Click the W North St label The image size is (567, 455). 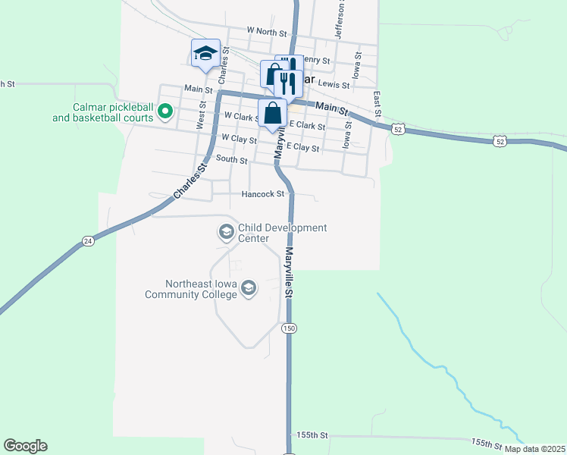268,31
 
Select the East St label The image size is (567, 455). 377,103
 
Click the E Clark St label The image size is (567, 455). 307,126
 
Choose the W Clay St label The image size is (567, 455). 240,139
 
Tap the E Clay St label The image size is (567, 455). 302,148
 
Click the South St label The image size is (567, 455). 232,160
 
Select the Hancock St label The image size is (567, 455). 262,194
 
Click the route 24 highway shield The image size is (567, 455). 88,241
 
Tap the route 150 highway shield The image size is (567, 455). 288,328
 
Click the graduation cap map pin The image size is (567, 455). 205,53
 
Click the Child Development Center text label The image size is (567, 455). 282,233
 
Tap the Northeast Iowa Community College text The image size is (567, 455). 192,289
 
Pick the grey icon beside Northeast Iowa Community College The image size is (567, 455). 249,288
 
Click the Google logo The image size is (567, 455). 25,446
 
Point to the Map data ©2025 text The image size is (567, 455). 535,449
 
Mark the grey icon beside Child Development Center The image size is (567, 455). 226,232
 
